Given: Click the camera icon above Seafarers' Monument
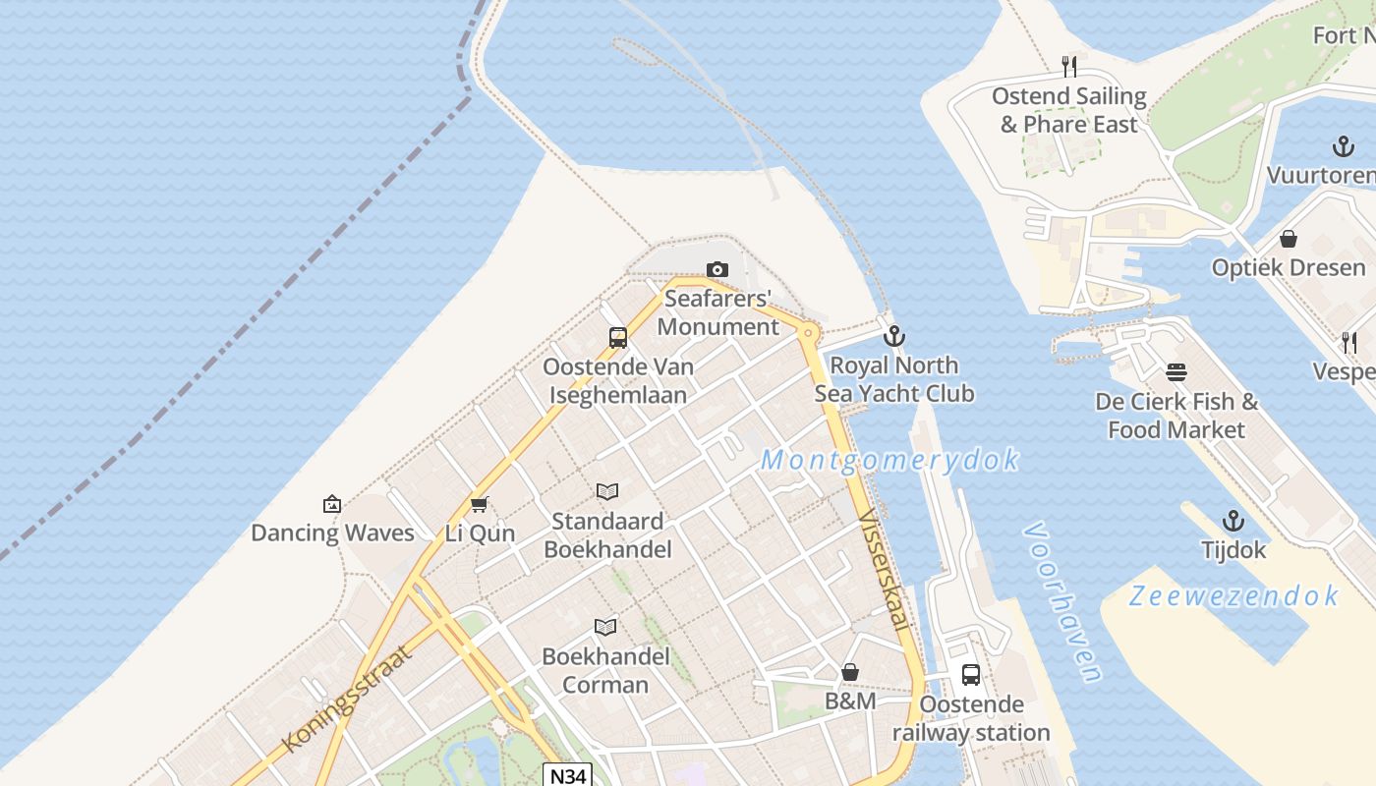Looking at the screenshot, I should click(717, 270).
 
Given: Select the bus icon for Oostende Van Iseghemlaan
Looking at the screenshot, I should click(618, 338).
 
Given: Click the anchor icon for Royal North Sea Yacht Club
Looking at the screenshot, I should click(893, 337).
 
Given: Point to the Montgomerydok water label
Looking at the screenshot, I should click(889, 460).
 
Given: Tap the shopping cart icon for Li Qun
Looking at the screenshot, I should click(479, 505).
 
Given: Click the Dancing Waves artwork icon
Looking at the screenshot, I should click(332, 505).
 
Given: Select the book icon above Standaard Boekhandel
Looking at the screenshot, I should click(607, 492).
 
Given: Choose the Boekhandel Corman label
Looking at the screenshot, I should click(605, 670).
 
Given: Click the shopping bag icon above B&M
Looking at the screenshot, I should click(850, 673).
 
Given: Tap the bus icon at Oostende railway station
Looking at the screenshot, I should click(971, 675).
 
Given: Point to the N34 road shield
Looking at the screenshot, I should click(568, 775).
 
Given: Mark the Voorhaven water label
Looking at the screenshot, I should click(1061, 601).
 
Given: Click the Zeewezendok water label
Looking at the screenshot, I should click(1233, 596).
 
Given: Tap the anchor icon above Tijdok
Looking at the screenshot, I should click(1233, 522).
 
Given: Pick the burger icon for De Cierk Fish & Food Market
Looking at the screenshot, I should click(1176, 373).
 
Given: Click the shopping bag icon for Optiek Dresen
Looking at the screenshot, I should click(1289, 239).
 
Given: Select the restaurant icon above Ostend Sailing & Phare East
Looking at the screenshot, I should click(1069, 67).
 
